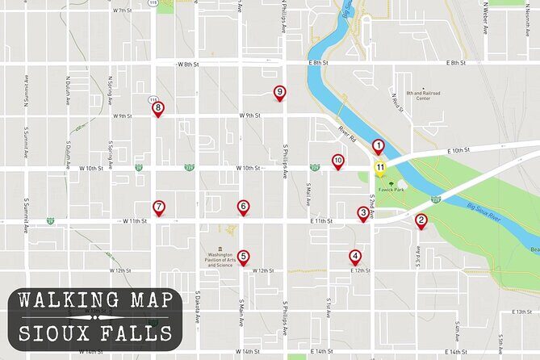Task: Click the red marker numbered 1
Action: pyautogui.click(x=378, y=146)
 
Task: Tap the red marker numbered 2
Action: pyautogui.click(x=421, y=220)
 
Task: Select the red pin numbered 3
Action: pyautogui.click(x=364, y=213)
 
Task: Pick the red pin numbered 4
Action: pyautogui.click(x=355, y=257)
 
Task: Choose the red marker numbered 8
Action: pyautogui.click(x=158, y=108)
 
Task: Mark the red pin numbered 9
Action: pyautogui.click(x=280, y=93)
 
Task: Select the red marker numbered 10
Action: pyautogui.click(x=338, y=161)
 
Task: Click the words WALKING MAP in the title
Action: pyautogui.click(x=95, y=300)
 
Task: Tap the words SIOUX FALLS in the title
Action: pyautogui.click(x=95, y=333)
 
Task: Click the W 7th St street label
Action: pyautogui.click(x=122, y=10)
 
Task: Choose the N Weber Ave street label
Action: pyautogui.click(x=486, y=18)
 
